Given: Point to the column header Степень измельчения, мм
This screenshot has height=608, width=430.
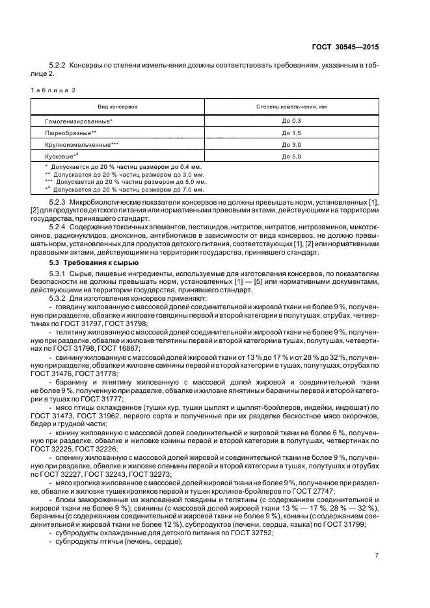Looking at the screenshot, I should click(x=290, y=105).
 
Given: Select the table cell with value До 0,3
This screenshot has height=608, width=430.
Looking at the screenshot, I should click(x=290, y=121).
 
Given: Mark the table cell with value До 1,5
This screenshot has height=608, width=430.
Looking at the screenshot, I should click(x=290, y=133).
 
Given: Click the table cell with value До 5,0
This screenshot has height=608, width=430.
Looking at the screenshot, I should click(x=290, y=156).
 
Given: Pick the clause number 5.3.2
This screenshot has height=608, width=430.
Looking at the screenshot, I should click(x=59, y=298).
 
